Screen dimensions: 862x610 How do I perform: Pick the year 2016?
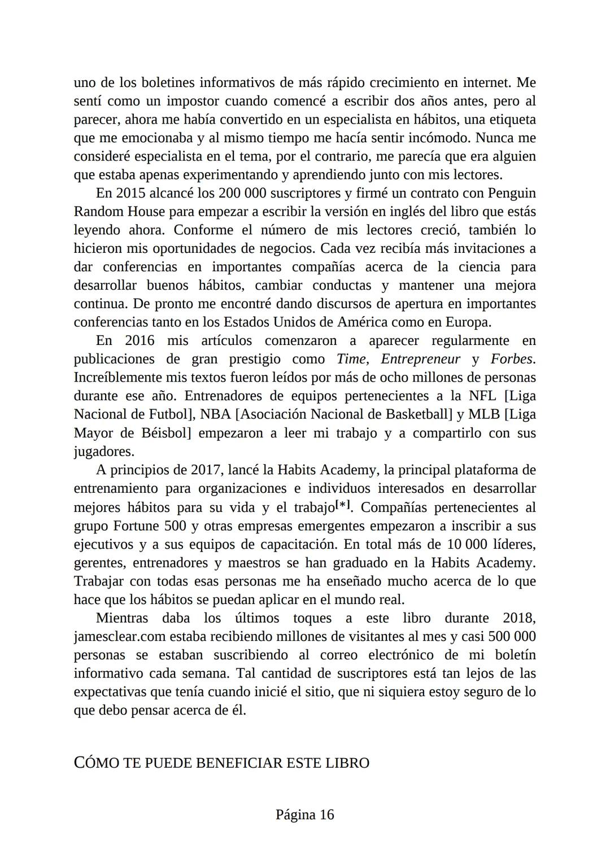[140, 341]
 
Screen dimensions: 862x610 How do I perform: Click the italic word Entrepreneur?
[420, 360]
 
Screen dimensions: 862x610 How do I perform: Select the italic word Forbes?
[512, 360]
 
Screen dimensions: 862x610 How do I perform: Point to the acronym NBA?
[215, 415]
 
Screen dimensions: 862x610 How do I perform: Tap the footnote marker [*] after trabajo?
[343, 506]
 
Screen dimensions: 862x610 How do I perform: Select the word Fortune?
[136, 526]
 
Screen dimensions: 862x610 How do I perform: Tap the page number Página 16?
[305, 815]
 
